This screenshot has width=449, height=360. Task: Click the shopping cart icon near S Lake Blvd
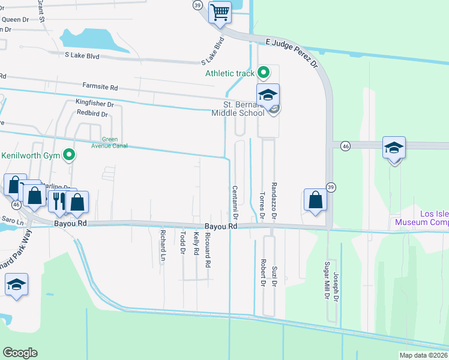pos(220,12)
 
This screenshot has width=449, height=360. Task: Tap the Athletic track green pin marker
pos(263,73)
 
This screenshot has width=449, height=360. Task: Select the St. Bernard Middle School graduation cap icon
pos(268,95)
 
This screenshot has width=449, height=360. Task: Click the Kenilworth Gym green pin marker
pos(70,155)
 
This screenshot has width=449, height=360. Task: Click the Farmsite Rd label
pos(100,88)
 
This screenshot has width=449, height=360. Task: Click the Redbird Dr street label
pos(92,113)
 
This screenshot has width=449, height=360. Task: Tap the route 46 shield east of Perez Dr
pos(345,146)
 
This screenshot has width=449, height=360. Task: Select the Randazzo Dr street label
pos(274,200)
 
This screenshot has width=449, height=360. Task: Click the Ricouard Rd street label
pos(208,251)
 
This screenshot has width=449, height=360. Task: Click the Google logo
pos(20,353)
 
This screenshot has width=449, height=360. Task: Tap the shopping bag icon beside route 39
pos(315,200)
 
